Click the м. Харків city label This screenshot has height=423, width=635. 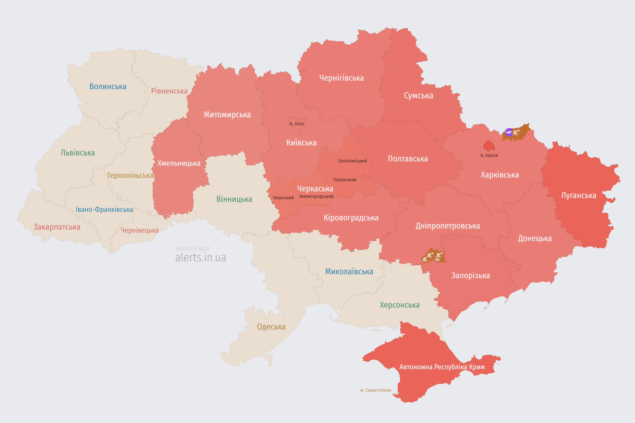[x=489, y=155]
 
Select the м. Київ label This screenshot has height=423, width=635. [x=296, y=124]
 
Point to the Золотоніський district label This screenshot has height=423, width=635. [x=352, y=161]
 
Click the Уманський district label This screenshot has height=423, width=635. [x=283, y=198]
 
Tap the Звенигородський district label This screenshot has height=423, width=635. [x=316, y=196]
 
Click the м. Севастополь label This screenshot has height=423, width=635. [x=376, y=390]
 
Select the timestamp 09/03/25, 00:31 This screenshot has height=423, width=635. [x=192, y=249]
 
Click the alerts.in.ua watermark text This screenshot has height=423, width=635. [x=201, y=257]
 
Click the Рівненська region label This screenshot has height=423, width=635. [x=169, y=91]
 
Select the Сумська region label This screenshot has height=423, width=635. [x=419, y=96]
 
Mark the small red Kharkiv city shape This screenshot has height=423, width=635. [x=489, y=146]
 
